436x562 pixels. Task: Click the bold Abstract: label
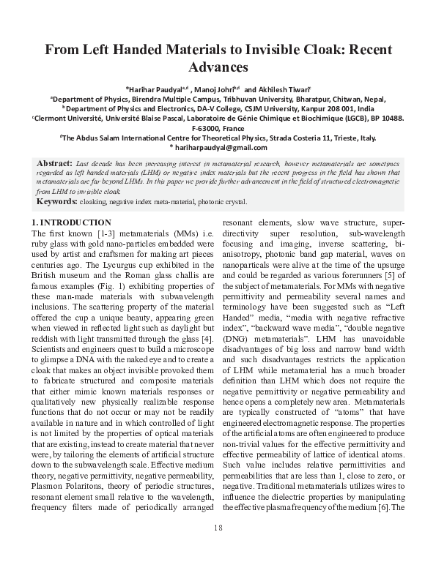coord(54,162)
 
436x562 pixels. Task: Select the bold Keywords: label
coord(57,201)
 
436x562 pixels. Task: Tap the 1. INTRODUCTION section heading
coord(71,222)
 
